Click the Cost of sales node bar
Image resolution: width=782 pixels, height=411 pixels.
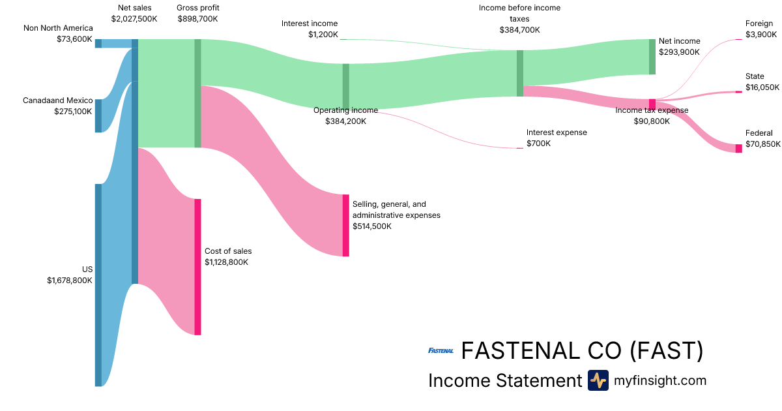pos(197,267)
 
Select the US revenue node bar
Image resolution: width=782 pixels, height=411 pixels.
pos(98,285)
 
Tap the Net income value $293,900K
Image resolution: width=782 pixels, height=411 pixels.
pos(680,52)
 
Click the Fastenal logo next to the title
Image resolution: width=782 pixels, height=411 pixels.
pos(441,351)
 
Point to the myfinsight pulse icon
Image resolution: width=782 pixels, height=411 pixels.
pos(598,380)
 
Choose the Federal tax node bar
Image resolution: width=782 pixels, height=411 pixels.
pos(738,149)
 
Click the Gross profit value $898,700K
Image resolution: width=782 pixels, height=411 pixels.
pos(197,19)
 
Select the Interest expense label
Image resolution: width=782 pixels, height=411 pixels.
pos(557,132)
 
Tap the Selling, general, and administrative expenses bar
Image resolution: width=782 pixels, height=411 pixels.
pos(346,225)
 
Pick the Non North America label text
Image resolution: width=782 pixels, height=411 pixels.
pos(58,28)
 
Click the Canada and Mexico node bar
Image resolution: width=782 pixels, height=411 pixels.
pos(98,115)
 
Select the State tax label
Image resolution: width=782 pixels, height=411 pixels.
pos(755,76)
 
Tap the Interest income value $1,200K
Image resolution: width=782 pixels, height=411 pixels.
pos(323,34)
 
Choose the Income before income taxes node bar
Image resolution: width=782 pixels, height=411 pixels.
pos(520,73)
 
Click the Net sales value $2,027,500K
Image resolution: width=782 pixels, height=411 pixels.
pos(134,19)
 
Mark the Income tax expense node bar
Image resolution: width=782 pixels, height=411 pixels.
pos(652,104)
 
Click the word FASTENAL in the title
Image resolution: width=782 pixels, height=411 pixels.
pos(518,351)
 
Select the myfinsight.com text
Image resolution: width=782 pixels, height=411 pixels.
pos(660,380)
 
